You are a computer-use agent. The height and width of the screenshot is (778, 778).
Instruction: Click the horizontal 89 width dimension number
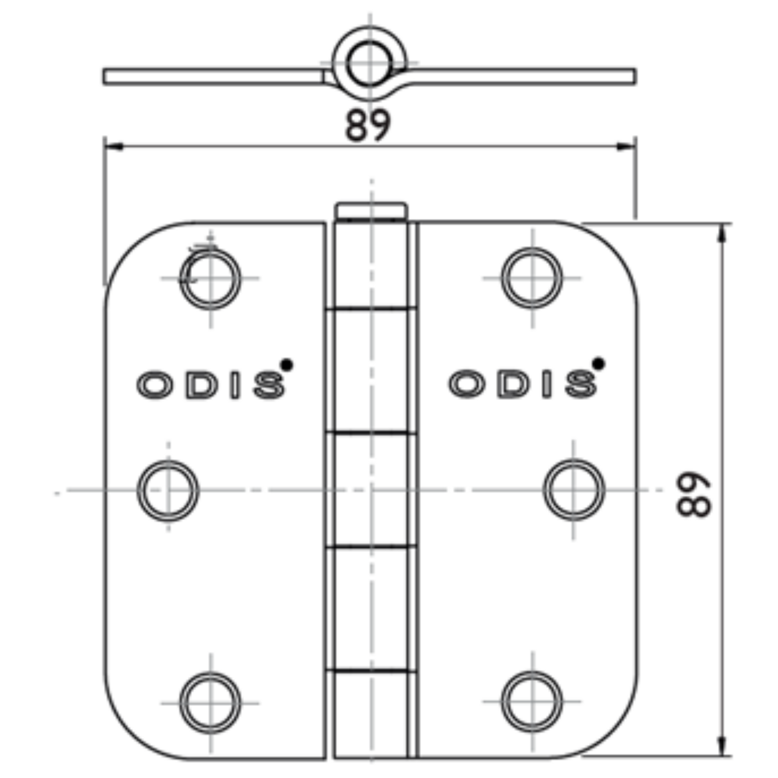368,125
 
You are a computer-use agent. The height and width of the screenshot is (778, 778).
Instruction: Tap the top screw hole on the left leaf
210,279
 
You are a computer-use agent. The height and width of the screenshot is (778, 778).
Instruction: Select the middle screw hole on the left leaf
168,490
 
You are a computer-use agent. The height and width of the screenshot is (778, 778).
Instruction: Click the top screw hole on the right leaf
532,278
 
